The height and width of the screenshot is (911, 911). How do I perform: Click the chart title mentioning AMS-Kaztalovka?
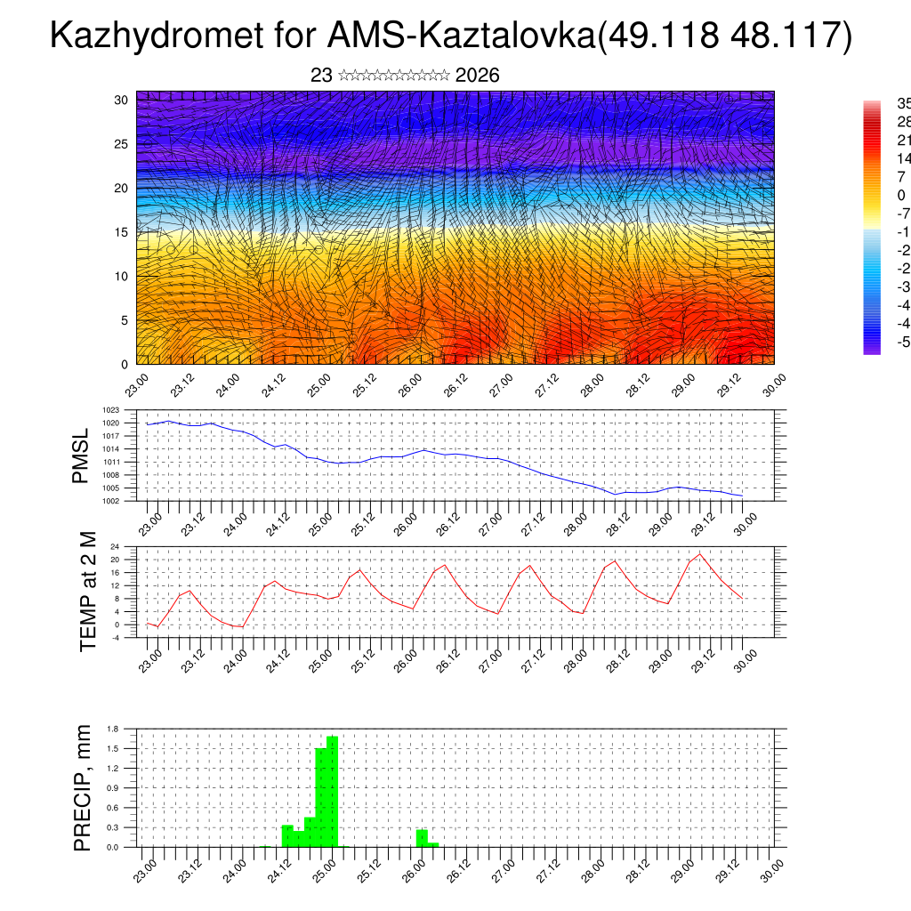tap(451, 36)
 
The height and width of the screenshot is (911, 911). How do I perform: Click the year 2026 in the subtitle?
tap(477, 76)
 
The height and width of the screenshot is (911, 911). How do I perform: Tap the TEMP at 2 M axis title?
tap(88, 591)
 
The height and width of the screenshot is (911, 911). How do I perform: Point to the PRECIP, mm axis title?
tap(82, 788)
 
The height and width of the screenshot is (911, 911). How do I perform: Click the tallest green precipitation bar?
tap(332, 792)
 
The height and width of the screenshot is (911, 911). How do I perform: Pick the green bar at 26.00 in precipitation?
tap(422, 838)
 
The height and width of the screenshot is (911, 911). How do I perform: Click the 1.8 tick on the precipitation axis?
tap(113, 729)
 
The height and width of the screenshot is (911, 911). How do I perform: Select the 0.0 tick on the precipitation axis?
tap(113, 847)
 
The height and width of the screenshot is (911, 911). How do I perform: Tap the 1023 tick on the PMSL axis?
tap(111, 410)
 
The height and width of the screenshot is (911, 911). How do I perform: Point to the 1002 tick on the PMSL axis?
tap(111, 501)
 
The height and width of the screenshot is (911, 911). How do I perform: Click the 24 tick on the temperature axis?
tap(116, 546)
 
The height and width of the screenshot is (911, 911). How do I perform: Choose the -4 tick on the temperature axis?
tap(116, 638)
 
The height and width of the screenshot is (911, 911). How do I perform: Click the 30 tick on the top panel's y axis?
tap(122, 100)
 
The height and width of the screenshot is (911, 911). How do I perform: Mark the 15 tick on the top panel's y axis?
tap(122, 232)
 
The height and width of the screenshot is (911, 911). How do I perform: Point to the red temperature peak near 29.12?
tap(699, 554)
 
